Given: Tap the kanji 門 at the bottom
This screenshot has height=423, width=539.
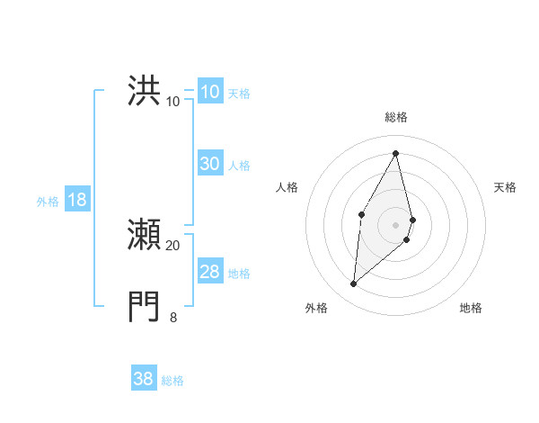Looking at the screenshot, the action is click(x=145, y=306).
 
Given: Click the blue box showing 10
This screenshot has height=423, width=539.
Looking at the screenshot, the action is click(x=209, y=92).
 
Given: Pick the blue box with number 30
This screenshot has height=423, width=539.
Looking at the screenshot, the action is click(x=209, y=164).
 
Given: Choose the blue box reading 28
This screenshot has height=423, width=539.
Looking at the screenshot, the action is click(x=209, y=272).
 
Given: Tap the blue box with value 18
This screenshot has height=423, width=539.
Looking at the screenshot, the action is click(x=77, y=200).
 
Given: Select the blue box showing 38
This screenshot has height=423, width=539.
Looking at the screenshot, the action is click(x=144, y=379).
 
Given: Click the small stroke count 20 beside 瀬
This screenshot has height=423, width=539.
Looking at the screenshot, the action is click(x=172, y=245).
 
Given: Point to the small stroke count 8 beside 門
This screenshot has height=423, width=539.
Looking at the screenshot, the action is click(x=173, y=317).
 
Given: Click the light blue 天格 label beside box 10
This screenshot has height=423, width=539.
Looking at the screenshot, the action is click(x=239, y=93).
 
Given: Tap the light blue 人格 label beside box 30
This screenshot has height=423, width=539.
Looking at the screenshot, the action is click(x=239, y=165).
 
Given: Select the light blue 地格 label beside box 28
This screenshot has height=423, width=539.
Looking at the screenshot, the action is click(x=239, y=273).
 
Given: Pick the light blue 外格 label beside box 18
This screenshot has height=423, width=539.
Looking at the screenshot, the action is click(x=48, y=201).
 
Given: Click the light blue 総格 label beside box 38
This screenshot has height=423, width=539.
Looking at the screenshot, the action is click(x=172, y=380).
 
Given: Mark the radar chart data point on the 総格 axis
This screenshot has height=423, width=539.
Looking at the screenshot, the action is click(x=395, y=153).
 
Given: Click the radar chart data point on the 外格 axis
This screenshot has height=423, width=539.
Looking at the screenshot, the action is click(x=354, y=283).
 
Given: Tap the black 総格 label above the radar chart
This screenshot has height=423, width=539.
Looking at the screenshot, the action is click(x=395, y=117).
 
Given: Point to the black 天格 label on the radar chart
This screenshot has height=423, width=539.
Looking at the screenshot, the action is click(x=505, y=187).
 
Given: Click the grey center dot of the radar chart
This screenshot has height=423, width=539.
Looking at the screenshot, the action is click(x=395, y=224).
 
